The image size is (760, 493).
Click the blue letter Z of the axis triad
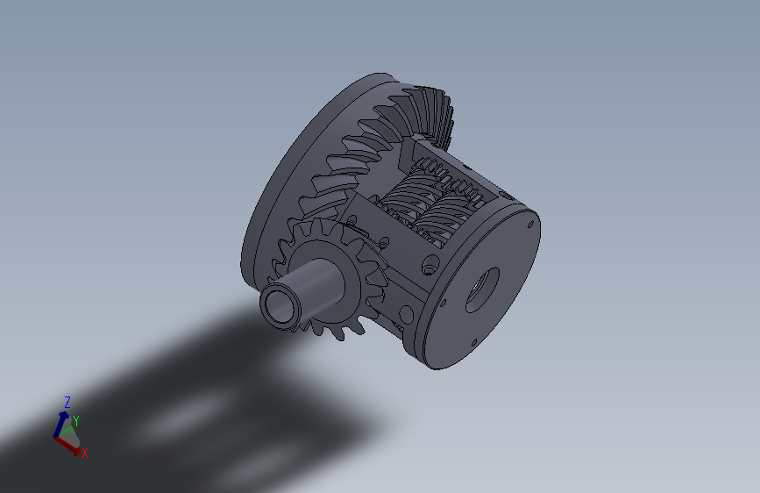(67, 402)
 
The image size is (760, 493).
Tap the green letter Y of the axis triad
(76, 421)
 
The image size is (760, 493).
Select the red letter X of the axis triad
(85, 453)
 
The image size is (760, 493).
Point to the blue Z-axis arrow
(60, 425)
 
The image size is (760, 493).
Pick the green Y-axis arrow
(69, 428)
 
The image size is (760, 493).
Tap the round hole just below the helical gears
(429, 262)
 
